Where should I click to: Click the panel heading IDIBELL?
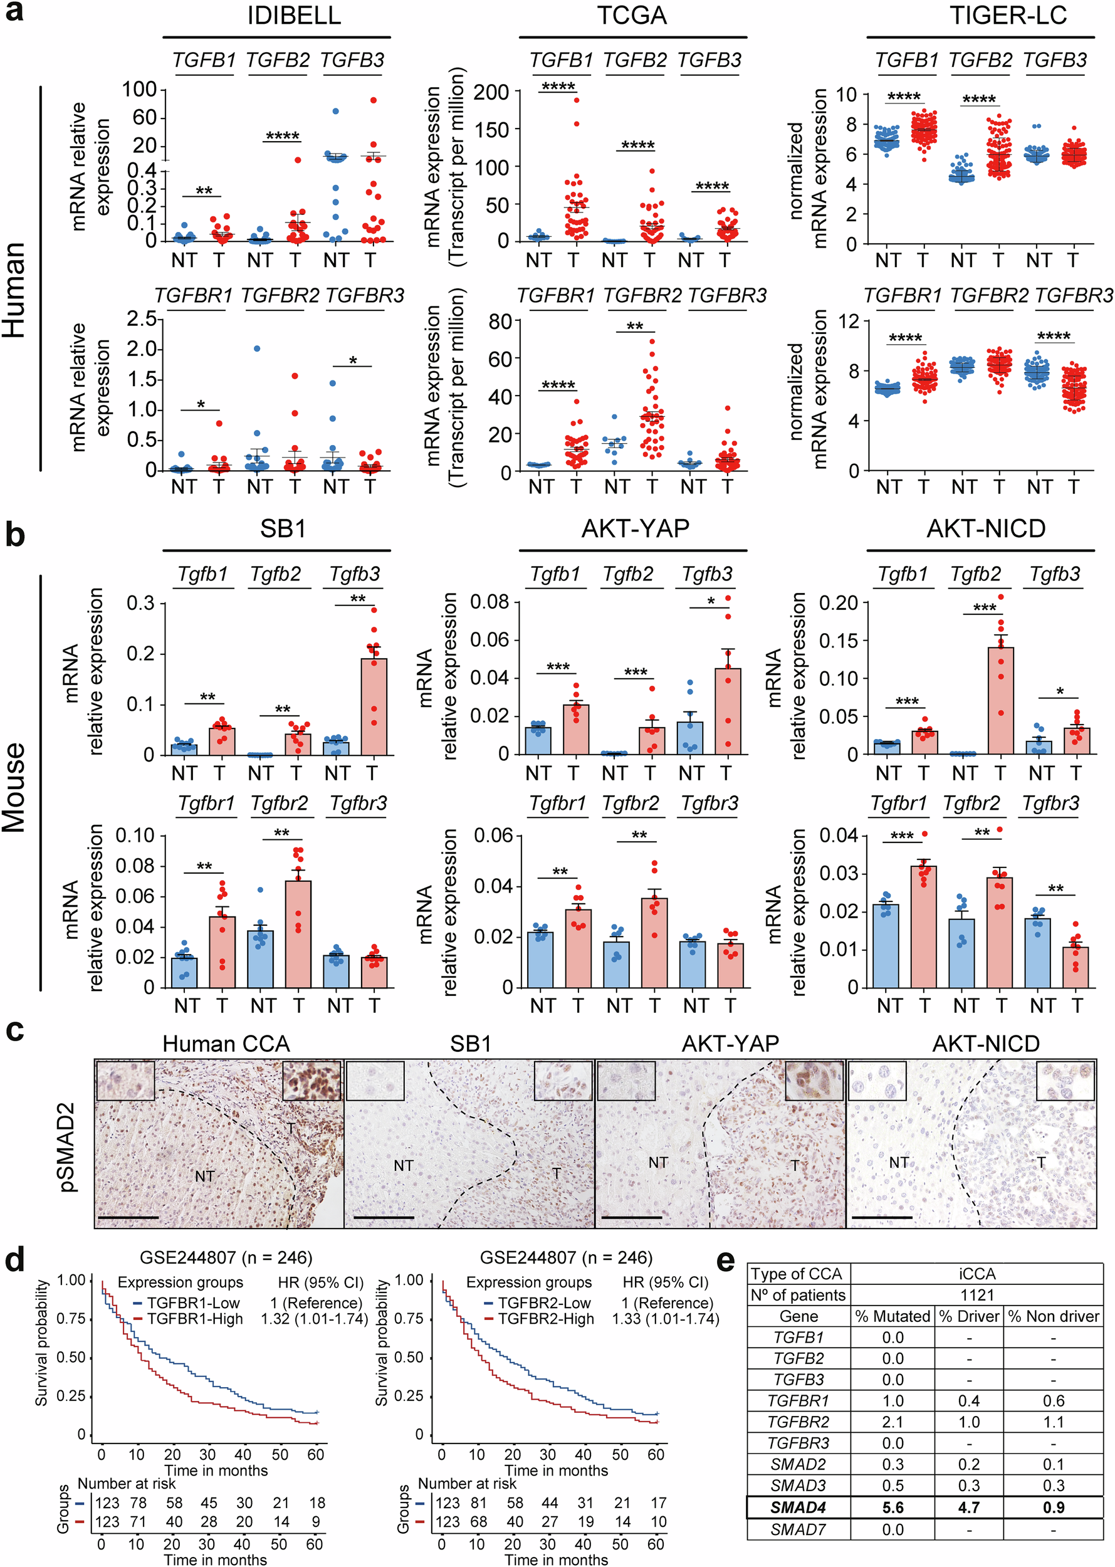(294, 15)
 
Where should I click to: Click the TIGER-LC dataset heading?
(1008, 15)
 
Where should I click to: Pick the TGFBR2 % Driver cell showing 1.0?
(968, 1422)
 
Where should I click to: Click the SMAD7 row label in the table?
(798, 1529)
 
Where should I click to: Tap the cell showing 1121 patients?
(976, 1295)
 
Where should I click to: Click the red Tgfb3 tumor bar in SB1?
(374, 707)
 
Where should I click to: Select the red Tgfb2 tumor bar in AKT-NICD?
(1000, 700)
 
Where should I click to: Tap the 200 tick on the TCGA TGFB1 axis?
(491, 92)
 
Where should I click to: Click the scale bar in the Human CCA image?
(128, 1217)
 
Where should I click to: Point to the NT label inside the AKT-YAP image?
(657, 1163)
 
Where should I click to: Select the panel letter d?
(15, 1260)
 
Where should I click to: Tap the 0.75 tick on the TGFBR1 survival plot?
(71, 1318)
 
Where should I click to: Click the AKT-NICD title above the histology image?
(985, 1044)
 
